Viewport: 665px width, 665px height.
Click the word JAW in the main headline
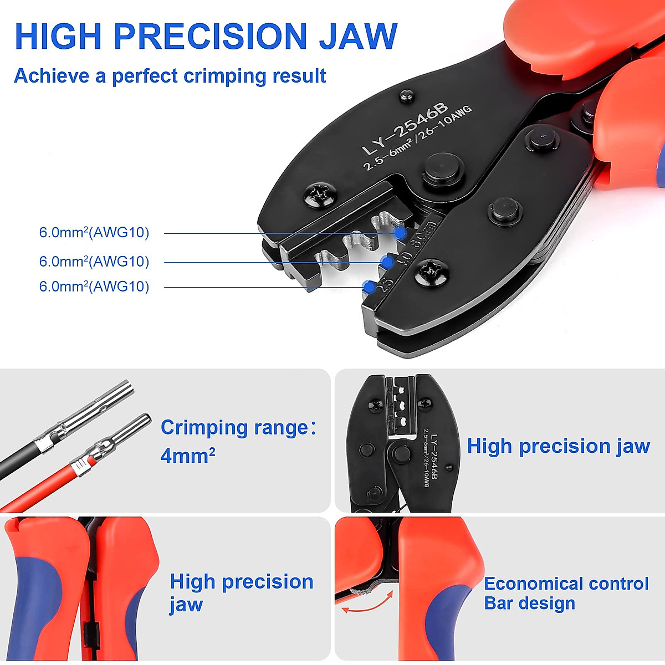(x=358, y=37)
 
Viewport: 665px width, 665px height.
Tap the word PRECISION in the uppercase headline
(x=210, y=37)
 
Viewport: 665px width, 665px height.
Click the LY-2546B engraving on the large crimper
(x=405, y=129)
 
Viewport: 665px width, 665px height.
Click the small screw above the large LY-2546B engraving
(x=406, y=98)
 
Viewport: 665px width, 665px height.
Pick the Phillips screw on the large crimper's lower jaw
(x=431, y=272)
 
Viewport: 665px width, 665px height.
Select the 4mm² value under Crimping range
(x=188, y=456)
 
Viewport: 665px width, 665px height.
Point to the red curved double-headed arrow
(x=367, y=602)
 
